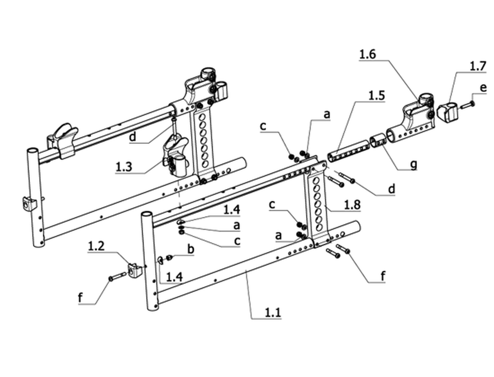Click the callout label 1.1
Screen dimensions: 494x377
tap(273, 313)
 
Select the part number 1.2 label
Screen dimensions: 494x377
tap(96, 246)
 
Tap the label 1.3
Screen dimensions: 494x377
tap(123, 167)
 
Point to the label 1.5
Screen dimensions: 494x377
tap(376, 96)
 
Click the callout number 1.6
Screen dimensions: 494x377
tap(367, 54)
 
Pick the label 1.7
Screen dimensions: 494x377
tap(478, 66)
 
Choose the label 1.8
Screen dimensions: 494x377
tap(352, 205)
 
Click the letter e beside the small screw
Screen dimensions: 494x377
tap(483, 88)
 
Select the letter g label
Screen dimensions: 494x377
tap(414, 164)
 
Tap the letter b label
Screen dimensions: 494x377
tap(190, 249)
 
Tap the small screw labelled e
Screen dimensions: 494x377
tap(468, 105)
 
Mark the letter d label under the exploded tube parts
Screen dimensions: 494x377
tap(391, 189)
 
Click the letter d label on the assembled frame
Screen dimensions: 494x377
tap(132, 136)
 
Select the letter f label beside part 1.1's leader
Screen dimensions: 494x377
tap(383, 276)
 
